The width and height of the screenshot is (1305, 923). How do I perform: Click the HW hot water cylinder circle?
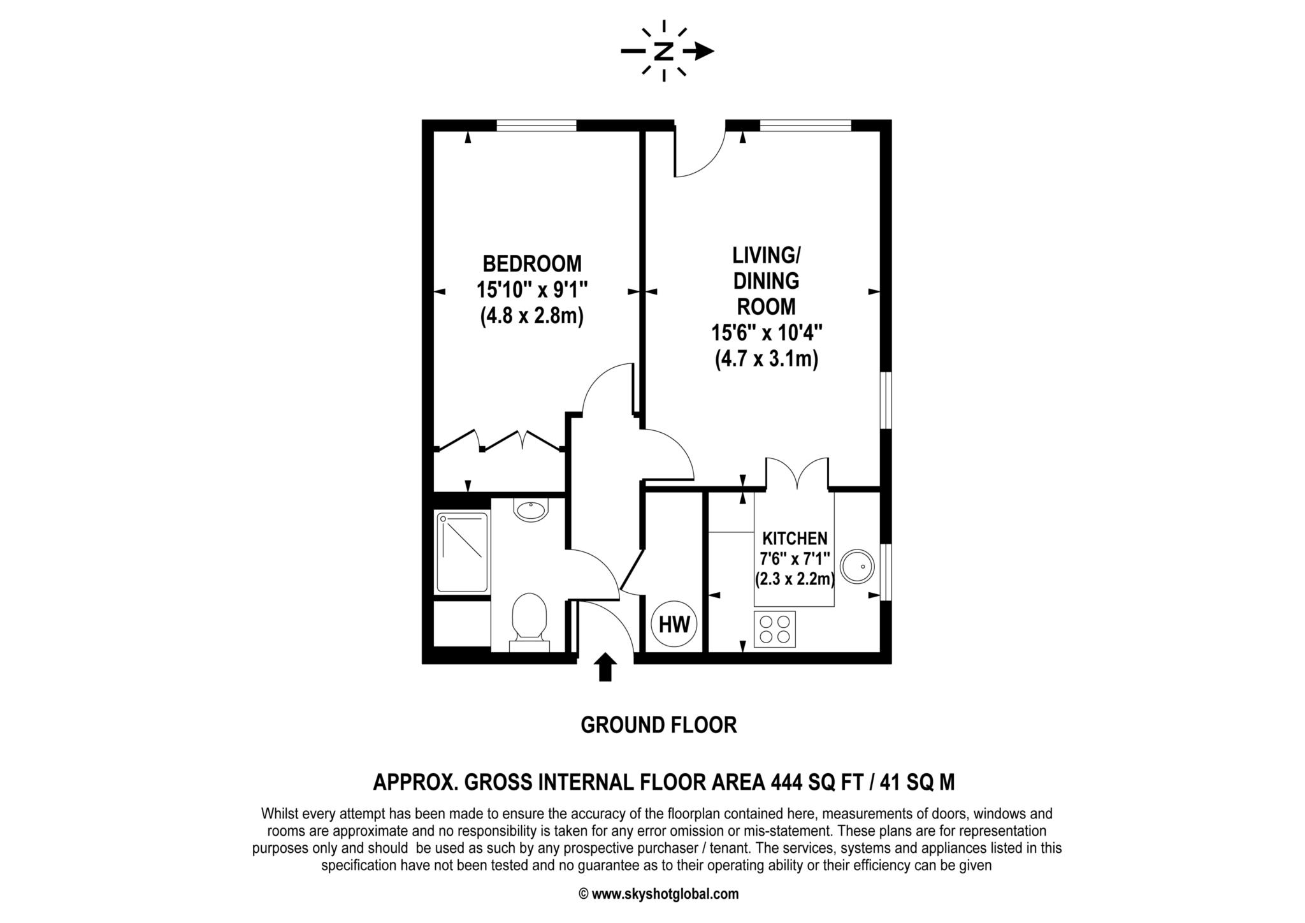pos(674,625)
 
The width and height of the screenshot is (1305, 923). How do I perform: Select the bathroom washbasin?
pos(531,511)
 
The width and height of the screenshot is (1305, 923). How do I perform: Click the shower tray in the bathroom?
pos(463,552)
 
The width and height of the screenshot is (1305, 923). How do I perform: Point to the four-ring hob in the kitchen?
pos(774,629)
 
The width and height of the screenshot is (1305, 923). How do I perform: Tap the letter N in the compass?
pos(664,52)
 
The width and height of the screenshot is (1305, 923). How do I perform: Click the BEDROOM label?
pos(531,263)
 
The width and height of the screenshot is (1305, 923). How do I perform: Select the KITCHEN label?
pos(795,539)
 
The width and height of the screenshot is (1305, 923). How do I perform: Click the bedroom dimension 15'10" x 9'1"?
pos(531,290)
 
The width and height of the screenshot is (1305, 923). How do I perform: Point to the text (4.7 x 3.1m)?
pos(766,360)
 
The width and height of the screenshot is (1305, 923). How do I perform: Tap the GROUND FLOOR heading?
pos(658,725)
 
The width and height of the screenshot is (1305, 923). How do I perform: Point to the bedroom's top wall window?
pos(537,126)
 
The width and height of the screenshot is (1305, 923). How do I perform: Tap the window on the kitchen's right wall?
pos(885,572)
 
